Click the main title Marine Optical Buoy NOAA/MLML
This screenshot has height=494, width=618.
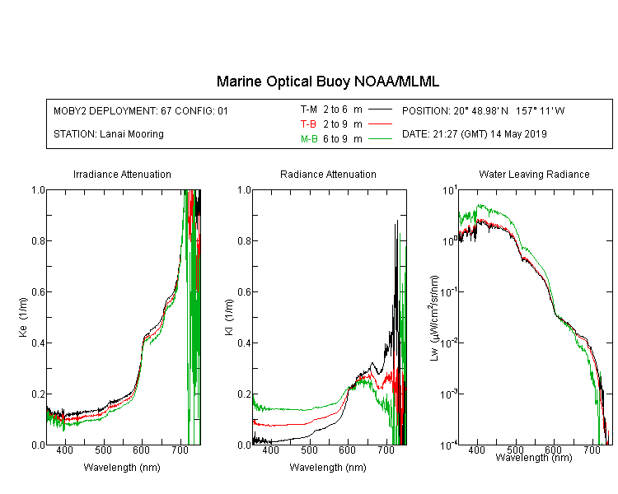click(x=327, y=82)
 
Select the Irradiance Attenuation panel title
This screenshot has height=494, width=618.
click(x=122, y=174)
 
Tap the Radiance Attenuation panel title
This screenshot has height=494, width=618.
click(x=328, y=174)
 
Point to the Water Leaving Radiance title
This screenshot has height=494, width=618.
click(x=534, y=174)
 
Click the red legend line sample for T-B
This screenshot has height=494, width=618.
click(x=380, y=124)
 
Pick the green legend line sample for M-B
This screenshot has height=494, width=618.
click(x=380, y=138)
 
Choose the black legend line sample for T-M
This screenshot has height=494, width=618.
click(x=380, y=110)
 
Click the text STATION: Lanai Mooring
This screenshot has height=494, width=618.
click(x=109, y=134)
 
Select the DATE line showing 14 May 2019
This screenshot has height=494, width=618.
click(x=475, y=134)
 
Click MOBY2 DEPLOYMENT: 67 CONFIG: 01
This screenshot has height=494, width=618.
click(x=141, y=110)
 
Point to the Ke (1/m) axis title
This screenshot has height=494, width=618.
click(x=23, y=317)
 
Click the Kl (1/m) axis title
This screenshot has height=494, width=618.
click(x=229, y=317)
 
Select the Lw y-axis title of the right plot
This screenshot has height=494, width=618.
click(x=434, y=318)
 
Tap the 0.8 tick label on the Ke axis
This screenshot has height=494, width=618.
click(x=38, y=240)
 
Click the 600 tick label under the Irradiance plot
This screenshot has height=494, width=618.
click(x=141, y=450)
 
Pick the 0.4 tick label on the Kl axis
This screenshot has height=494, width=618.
click(x=244, y=343)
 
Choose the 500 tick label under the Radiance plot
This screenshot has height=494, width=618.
click(x=309, y=450)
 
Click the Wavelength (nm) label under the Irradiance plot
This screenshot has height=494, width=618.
click(x=122, y=468)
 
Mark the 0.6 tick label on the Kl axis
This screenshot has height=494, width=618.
click(x=244, y=292)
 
